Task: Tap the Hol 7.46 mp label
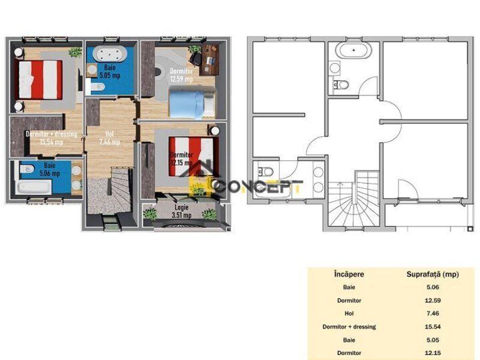tap(108, 138)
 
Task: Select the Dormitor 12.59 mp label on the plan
tap(181, 75)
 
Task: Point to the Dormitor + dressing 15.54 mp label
tap(51, 138)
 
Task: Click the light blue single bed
tap(190, 103)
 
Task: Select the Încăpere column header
tap(349, 275)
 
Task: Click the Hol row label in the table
tap(349, 313)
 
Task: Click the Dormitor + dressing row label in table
tap(349, 326)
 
